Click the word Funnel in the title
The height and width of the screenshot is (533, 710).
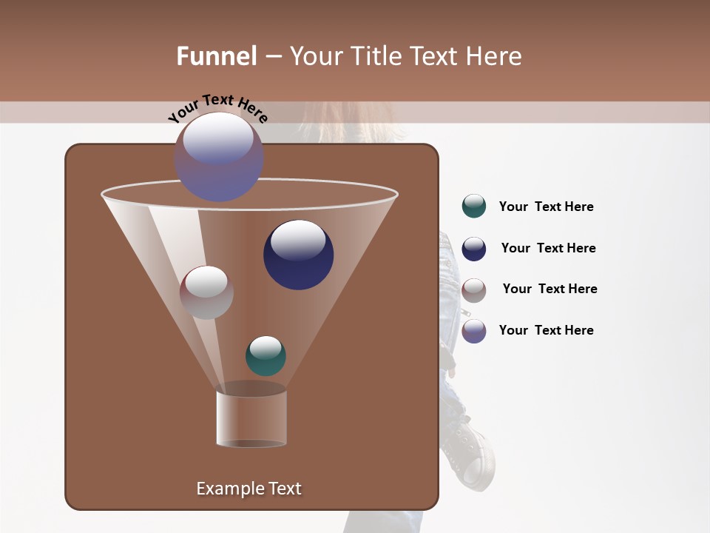click(216, 56)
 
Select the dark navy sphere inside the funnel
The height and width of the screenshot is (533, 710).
click(298, 254)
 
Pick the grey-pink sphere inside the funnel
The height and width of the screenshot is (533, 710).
click(206, 292)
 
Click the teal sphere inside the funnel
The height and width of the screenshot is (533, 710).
click(266, 356)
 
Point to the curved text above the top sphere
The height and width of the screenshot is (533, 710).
click(217, 108)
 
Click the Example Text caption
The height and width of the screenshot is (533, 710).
click(248, 489)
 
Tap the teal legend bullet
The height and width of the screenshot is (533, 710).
click(474, 207)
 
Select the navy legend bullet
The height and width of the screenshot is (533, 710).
click(474, 249)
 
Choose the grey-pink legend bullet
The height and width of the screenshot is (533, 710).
click(474, 290)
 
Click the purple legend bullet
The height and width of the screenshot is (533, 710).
click(474, 331)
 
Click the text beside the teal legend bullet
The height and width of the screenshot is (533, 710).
click(546, 207)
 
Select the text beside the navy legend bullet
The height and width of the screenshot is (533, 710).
click(548, 248)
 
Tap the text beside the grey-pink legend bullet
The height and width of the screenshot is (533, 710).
click(550, 289)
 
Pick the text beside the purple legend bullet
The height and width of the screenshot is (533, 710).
click(546, 330)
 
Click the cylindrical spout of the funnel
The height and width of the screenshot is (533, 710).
click(251, 418)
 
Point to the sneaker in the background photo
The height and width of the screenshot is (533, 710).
click(470, 452)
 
